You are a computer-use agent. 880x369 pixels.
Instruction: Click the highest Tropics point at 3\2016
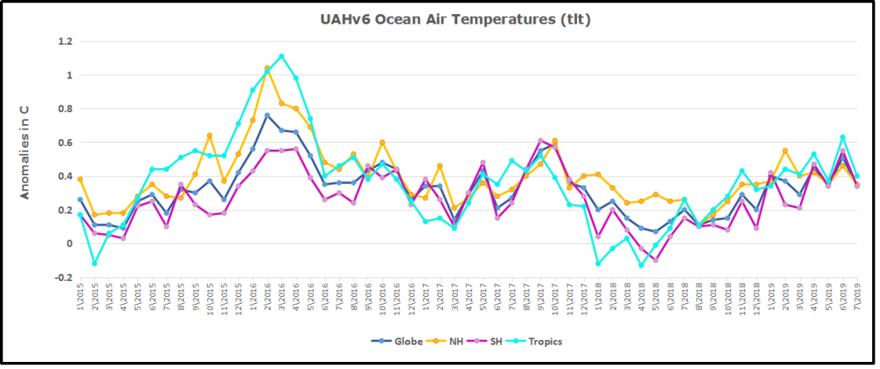pos(281,56)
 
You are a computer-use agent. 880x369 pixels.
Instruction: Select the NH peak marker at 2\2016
pos(267,68)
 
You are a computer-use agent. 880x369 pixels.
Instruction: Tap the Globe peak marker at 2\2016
pos(267,115)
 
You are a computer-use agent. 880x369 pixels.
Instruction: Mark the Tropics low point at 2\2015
pos(94,263)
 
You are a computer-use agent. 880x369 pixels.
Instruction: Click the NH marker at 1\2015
pos(80,179)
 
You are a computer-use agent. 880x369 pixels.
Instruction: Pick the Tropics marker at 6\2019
pos(842,137)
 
